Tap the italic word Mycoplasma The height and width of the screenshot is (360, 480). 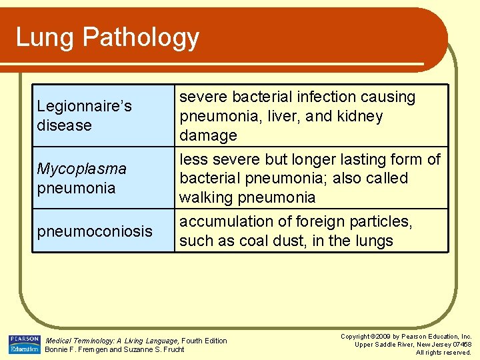point(81,169)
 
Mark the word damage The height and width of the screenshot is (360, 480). point(208,135)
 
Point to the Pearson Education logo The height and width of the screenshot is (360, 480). point(24,344)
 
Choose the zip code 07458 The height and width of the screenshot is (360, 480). point(460,344)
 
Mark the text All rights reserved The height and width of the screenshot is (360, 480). point(443,352)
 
